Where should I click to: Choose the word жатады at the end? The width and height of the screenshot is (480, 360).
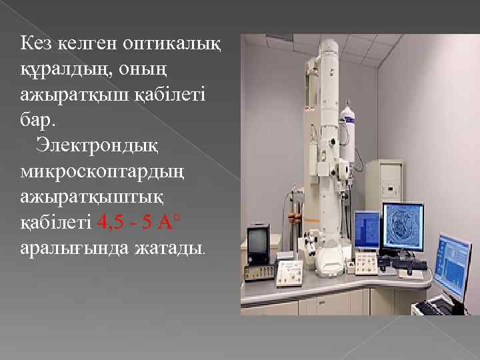[x=171, y=249]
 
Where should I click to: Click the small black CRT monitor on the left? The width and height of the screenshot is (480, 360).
[x=258, y=245]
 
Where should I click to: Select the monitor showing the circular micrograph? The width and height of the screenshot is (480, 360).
[x=402, y=227]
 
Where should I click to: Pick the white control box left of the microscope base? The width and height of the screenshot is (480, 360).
[x=289, y=270]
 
